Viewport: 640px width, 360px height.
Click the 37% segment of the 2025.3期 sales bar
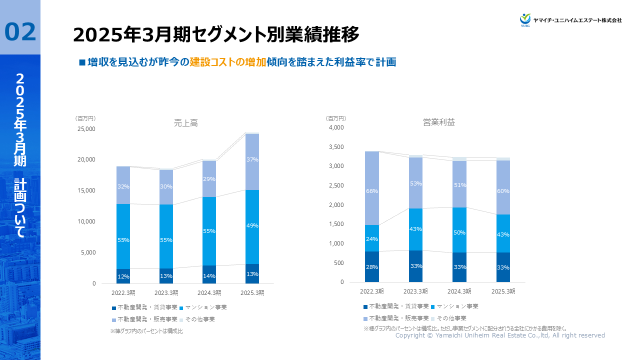pyautogui.click(x=252, y=160)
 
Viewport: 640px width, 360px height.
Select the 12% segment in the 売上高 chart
pyautogui.click(x=123, y=276)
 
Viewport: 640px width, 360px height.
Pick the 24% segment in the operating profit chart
pyautogui.click(x=372, y=238)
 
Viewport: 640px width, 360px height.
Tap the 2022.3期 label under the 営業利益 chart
pyautogui.click(x=372, y=291)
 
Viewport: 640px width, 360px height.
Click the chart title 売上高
pyautogui.click(x=186, y=122)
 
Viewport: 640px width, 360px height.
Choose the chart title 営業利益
pyautogui.click(x=439, y=122)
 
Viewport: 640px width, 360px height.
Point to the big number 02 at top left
pyautogui.click(x=20, y=32)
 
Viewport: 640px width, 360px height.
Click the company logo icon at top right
pyautogui.click(x=525, y=19)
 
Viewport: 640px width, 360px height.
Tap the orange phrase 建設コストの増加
pyautogui.click(x=227, y=62)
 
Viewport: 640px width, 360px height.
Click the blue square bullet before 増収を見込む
pyautogui.click(x=82, y=62)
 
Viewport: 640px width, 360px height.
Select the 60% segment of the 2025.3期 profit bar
pyautogui.click(x=503, y=191)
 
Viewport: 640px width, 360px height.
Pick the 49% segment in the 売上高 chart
pyautogui.click(x=252, y=225)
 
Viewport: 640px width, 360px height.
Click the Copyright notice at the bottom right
pyautogui.click(x=500, y=335)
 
